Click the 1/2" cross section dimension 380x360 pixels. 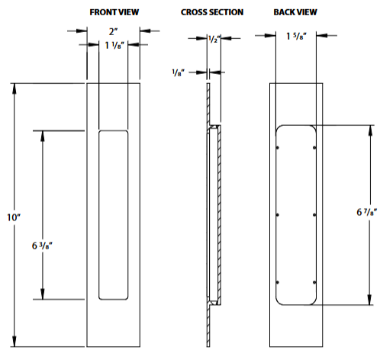coord(214,40)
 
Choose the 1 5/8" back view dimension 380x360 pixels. coord(296,34)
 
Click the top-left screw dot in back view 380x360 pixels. coord(279,146)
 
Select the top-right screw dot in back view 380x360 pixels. coord(313,146)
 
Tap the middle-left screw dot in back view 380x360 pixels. coord(279,214)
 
